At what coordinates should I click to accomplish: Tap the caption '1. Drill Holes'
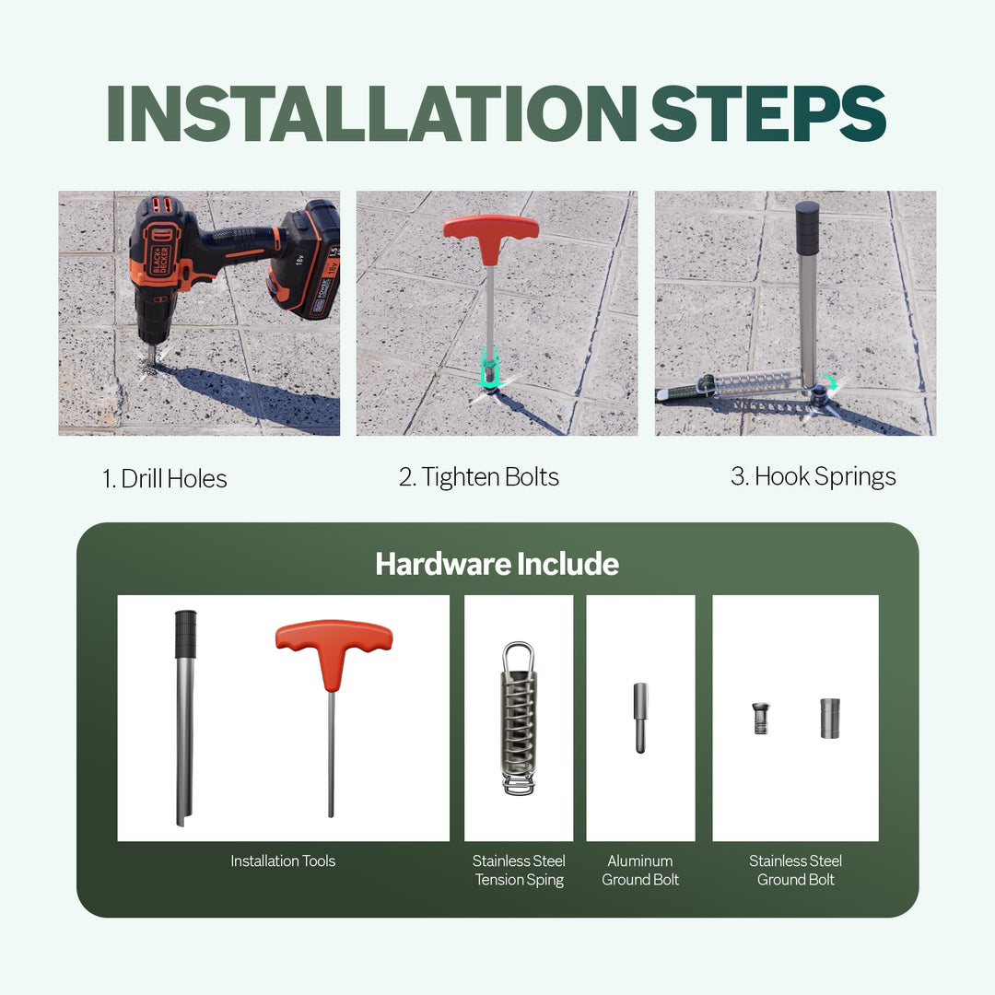(x=164, y=478)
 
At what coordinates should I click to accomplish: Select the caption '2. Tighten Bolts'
(x=478, y=476)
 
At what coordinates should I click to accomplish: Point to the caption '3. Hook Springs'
(x=813, y=476)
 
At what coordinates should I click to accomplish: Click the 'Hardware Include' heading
(x=497, y=564)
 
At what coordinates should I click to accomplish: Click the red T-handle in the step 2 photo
(x=490, y=227)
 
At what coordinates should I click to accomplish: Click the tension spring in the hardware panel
(x=518, y=719)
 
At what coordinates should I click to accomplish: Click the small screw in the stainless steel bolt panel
(x=760, y=718)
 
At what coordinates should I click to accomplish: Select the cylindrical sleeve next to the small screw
(x=827, y=718)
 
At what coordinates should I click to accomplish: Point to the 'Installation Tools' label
(x=283, y=860)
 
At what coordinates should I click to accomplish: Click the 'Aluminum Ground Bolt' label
(x=640, y=870)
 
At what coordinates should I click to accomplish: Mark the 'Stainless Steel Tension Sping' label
(x=519, y=870)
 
